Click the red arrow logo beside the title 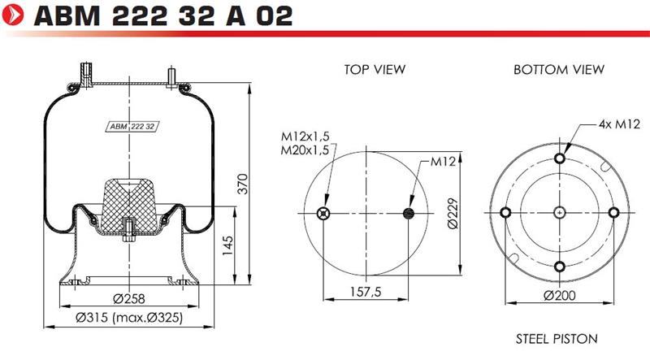pos(13,15)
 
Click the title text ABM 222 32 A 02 pos(163,15)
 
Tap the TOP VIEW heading pos(375,69)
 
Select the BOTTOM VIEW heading pos(559,69)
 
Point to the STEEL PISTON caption pos(557,339)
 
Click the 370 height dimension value pos(242,184)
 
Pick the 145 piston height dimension pos(227,245)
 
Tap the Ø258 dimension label pos(129,298)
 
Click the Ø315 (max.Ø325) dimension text pos(129,318)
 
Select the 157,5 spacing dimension pos(365,292)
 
